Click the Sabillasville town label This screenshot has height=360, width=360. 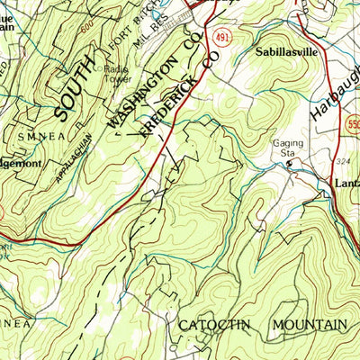click(x=287, y=52)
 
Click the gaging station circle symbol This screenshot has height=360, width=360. click(x=290, y=164)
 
